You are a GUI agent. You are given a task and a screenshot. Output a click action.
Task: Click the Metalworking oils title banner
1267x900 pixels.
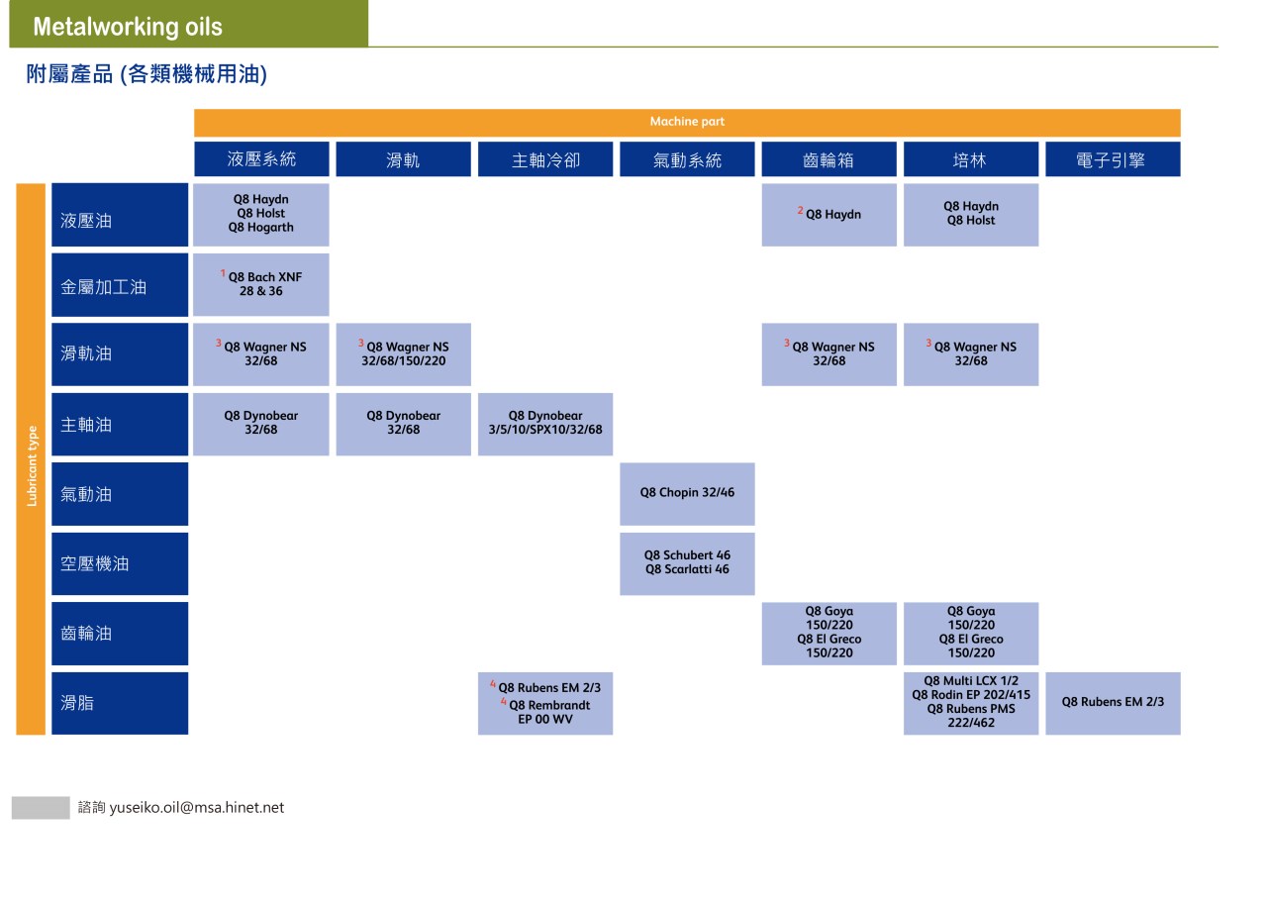click(188, 24)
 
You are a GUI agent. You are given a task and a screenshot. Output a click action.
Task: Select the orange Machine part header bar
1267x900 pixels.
click(687, 122)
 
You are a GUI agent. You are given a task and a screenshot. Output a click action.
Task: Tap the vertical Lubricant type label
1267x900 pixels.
click(32, 465)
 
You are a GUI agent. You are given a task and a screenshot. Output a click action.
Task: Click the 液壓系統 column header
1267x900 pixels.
click(261, 159)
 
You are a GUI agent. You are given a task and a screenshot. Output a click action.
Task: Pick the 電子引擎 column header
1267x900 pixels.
click(1113, 159)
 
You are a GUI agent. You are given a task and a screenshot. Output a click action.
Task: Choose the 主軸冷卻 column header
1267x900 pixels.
click(545, 159)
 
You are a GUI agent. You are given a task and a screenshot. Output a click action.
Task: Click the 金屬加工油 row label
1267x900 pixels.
click(120, 284)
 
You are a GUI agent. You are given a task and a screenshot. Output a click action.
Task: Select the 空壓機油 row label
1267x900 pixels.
click(120, 563)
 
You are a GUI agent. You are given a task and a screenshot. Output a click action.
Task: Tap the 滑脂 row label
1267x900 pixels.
click(120, 703)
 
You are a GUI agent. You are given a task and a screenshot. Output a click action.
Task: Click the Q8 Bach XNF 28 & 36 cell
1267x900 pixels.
click(260, 284)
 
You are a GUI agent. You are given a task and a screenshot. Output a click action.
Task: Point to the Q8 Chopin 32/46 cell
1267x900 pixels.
click(687, 494)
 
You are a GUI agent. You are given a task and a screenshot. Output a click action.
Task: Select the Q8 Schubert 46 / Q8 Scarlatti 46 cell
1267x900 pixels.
click(687, 563)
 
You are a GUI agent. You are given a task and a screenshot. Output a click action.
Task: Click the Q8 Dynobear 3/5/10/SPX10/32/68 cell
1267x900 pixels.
click(545, 425)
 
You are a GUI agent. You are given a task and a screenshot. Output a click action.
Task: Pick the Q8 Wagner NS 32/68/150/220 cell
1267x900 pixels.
click(403, 354)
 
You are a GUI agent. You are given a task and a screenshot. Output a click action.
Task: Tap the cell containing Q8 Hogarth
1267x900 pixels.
click(260, 215)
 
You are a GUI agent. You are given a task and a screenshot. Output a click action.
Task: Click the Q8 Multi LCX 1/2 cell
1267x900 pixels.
click(971, 703)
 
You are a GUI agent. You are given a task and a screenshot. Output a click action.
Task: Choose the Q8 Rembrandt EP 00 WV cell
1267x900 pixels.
click(545, 703)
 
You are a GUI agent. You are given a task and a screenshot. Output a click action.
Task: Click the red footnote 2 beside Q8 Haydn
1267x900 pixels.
click(800, 210)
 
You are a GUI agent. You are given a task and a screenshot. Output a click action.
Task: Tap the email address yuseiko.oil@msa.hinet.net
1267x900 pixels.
click(197, 807)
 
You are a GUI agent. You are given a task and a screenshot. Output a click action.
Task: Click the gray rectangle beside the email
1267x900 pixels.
click(41, 807)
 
